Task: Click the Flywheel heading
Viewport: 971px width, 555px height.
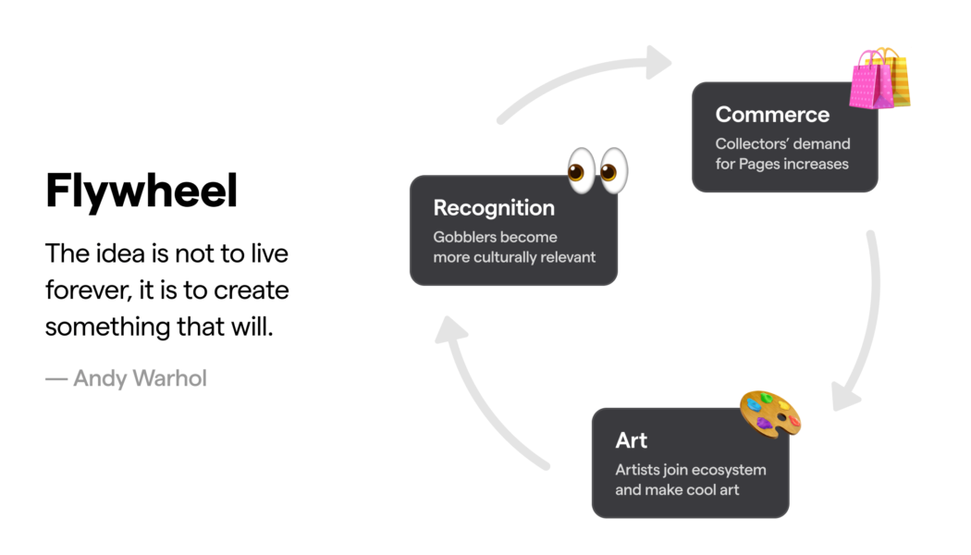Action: coord(141,191)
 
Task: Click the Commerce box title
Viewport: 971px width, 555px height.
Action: coord(772,115)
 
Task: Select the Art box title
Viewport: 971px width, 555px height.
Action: coord(631,440)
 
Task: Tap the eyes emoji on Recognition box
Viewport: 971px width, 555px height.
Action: coord(597,170)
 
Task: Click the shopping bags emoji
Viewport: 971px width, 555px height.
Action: coord(880,79)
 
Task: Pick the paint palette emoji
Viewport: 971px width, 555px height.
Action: coord(770,413)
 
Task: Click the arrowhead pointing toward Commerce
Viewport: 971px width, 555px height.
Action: coord(658,62)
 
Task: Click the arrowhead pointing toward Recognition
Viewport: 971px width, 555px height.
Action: coord(450,329)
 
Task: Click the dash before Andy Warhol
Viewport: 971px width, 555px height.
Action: coord(56,378)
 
